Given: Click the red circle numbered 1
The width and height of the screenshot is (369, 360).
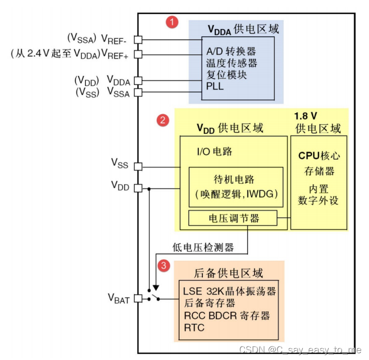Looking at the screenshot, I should pos(171,22).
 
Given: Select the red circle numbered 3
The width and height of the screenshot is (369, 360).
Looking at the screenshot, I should pos(164,266).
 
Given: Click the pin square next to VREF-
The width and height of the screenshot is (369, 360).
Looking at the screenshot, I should pos(138,39).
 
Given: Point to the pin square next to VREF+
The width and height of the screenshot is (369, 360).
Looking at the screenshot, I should pos(138,54).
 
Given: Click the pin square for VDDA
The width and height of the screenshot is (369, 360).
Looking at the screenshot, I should pos(138,81).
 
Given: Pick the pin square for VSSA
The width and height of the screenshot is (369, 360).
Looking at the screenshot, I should pos(138,93).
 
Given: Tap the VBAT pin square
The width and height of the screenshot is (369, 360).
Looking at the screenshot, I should pos(138,298).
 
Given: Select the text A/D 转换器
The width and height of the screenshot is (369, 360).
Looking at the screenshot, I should pos(230,52).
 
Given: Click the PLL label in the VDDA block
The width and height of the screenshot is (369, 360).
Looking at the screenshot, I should pos(215,86).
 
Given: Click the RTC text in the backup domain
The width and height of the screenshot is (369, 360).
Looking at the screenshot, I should pos(194,327).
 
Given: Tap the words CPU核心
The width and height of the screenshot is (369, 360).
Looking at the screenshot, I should pos(319,156).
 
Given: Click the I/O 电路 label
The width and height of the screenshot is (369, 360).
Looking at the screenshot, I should pos(214,152).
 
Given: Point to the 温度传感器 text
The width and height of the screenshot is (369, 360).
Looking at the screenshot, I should pos(231,63).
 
